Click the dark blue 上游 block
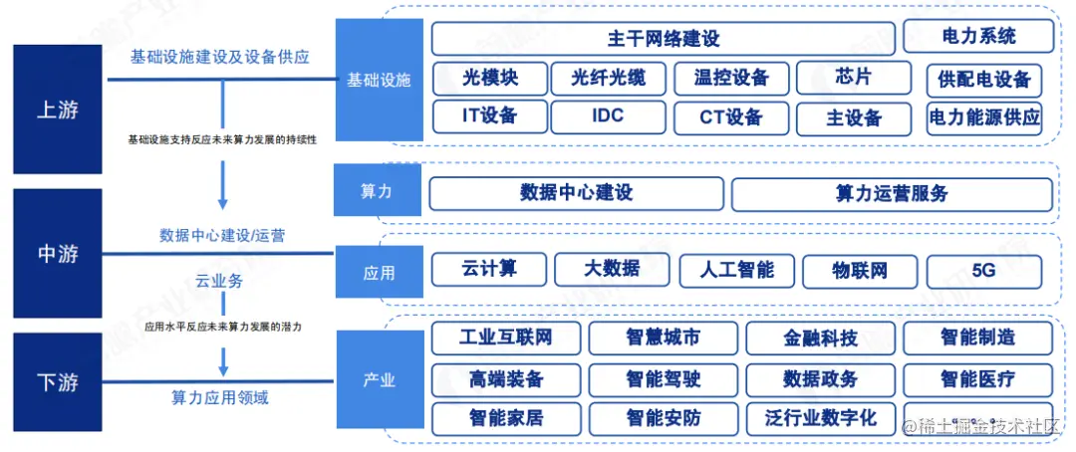(57, 111)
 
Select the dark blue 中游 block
(57, 254)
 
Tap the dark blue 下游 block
(57, 382)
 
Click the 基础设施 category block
(379, 80)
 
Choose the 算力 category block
(377, 192)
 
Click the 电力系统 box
(978, 37)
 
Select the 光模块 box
(489, 78)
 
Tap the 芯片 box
(854, 77)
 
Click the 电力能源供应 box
(983, 118)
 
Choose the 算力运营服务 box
(892, 194)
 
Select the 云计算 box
(489, 269)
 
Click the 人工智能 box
(736, 270)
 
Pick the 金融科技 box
(820, 339)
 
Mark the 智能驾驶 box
(663, 379)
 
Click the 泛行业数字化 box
(820, 418)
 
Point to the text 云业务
(221, 282)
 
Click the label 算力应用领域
(221, 398)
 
